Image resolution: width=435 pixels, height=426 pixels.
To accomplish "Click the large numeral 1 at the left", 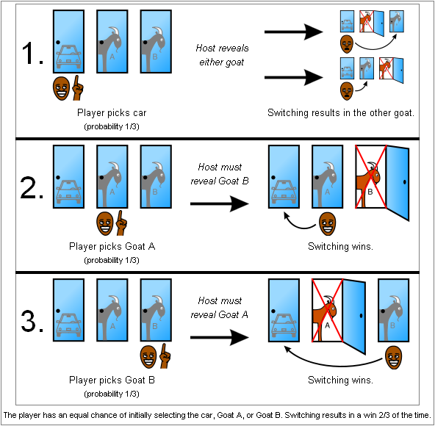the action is point(32,53).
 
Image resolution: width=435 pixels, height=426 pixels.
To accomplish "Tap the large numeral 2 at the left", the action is point(32,187).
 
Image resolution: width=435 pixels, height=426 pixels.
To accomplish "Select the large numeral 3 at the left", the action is point(32,321).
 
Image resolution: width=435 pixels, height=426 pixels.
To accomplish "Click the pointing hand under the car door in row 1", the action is point(78,88).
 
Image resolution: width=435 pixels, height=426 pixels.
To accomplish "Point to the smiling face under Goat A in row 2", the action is point(105,223).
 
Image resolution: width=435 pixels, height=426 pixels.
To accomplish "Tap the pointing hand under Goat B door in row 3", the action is point(165,357).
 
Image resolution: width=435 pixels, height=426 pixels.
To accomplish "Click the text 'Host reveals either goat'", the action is point(222,55).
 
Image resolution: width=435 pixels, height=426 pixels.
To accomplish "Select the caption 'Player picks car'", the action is point(112,112).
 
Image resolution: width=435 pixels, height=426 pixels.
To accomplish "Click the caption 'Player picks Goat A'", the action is point(112,246).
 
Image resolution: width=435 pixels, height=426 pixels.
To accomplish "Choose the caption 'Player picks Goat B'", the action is point(112,380).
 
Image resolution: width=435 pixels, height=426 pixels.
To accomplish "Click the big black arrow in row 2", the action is point(220,204).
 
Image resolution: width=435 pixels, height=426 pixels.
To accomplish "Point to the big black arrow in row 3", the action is point(220,338).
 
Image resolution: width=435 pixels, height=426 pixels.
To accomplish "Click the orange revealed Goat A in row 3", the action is point(325,316).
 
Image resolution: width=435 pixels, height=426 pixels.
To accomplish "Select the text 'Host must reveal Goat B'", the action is point(220,174).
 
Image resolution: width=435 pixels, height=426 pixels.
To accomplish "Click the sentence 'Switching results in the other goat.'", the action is point(341,112).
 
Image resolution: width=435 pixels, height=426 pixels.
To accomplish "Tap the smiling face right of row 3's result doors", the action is point(393,357).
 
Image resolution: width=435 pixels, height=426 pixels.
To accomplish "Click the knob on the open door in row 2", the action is point(404,182).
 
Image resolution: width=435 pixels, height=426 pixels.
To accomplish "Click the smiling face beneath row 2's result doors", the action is point(328,223).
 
